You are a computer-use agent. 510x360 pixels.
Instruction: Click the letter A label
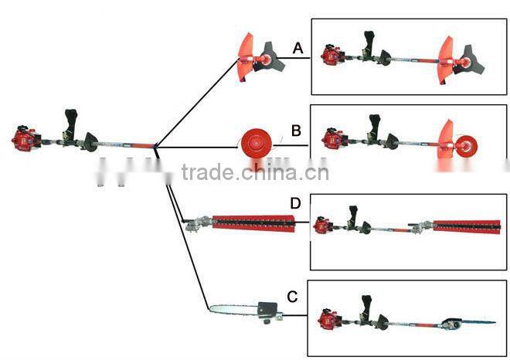coord(297,49)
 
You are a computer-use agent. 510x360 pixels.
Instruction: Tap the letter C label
coord(292,296)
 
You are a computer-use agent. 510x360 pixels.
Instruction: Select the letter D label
coord(294,203)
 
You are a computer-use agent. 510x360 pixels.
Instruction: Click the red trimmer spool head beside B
coord(254,144)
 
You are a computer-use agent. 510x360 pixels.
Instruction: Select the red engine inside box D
coord(322,226)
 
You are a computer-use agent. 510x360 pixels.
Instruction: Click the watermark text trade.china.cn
coord(255,172)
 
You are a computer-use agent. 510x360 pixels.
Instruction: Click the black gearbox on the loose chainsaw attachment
coord(269,310)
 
